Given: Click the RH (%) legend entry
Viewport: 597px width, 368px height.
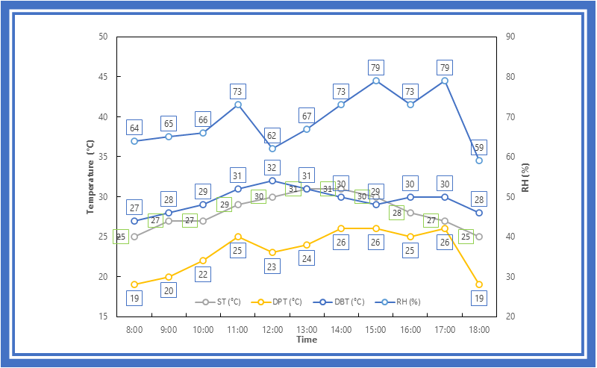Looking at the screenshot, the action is [x=398, y=302].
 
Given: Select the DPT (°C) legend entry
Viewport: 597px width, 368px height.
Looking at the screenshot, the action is [x=276, y=302].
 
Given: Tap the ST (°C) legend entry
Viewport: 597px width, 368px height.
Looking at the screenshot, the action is [x=218, y=302].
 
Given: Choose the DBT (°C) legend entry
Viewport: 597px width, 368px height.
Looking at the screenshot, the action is [x=339, y=302].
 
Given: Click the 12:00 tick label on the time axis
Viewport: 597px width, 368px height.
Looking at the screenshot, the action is [x=272, y=329].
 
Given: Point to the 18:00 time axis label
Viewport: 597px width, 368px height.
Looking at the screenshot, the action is [x=479, y=329].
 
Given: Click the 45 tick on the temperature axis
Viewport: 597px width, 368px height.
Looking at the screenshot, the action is [x=103, y=77].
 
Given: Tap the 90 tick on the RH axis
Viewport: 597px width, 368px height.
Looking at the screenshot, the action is [x=510, y=37].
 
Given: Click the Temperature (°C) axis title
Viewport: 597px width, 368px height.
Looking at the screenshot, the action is [x=90, y=177].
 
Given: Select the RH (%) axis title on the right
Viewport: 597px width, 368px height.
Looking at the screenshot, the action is [x=525, y=178].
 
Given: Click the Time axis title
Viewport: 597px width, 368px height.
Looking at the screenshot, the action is [x=307, y=340].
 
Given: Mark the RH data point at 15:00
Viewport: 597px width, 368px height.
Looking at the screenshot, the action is [x=376, y=81].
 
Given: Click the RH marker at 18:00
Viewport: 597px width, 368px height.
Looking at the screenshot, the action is [x=479, y=160].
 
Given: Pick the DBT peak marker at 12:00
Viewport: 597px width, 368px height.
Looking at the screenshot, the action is [x=272, y=181].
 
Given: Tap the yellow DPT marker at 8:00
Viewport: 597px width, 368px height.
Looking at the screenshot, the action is [x=134, y=284].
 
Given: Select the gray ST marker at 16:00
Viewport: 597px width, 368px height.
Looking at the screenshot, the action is [x=410, y=213].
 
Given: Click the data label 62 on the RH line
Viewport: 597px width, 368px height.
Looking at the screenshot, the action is [x=272, y=136].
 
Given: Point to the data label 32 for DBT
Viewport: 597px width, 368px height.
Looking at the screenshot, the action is [x=272, y=168].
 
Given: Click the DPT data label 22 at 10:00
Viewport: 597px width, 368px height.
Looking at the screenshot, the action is [x=203, y=274].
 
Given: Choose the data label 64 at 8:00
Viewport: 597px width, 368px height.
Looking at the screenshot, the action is [x=134, y=128].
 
